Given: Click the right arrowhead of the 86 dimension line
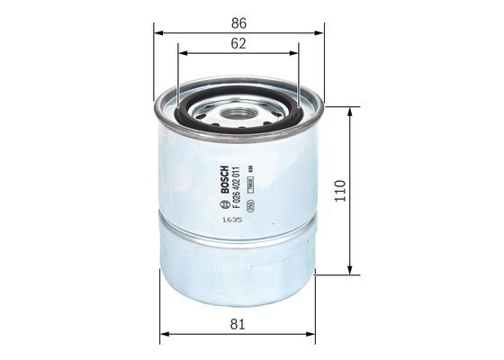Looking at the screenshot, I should click(x=319, y=31).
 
